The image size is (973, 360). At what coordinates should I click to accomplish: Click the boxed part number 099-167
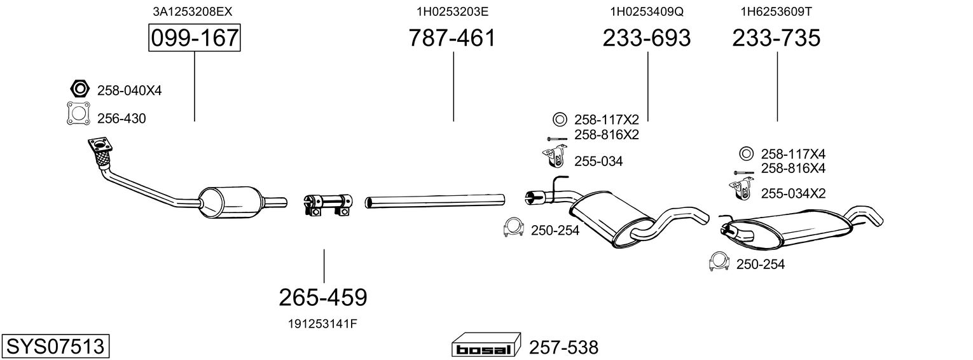tap(195, 38)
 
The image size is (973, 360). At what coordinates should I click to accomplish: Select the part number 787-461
tap(452, 38)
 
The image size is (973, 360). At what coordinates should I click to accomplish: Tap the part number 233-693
tap(646, 38)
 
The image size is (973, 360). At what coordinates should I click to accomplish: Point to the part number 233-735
tap(776, 38)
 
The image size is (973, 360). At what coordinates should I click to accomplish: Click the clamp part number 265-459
tap(323, 297)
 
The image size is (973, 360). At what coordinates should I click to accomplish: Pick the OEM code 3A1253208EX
tap(188, 11)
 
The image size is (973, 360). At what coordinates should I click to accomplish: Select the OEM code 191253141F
tap(323, 323)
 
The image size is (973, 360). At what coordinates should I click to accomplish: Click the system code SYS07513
tap(55, 347)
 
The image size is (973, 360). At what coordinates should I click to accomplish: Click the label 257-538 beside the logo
tap(563, 348)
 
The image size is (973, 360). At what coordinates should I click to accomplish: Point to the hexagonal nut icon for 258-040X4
tap(78, 89)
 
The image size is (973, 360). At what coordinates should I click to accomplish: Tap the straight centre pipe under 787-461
tap(435, 202)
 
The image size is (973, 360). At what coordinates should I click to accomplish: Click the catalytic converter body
tap(230, 202)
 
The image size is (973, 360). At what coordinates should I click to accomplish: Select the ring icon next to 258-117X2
tap(560, 119)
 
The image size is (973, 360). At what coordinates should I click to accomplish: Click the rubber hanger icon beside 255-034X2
tap(738, 190)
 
